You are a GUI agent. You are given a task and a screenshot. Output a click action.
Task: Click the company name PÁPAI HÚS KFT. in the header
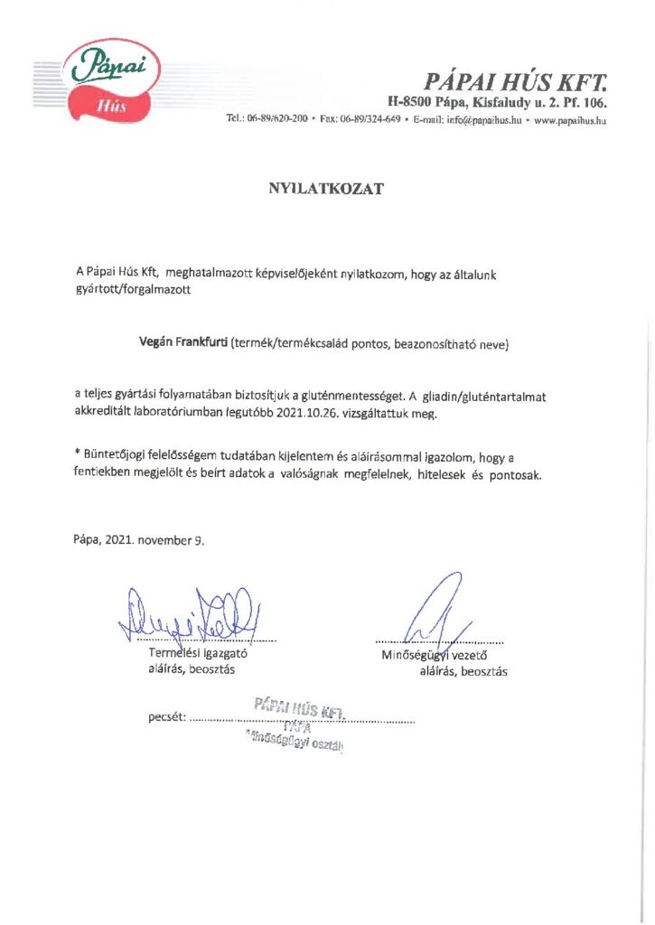coord(516,82)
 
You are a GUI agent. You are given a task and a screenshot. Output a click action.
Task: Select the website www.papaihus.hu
coord(570,119)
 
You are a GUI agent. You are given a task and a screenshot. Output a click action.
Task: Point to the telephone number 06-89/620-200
coord(277,119)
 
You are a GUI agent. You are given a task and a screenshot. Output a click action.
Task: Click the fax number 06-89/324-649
coord(370,119)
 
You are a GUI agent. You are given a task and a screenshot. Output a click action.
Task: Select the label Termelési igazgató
coord(198,653)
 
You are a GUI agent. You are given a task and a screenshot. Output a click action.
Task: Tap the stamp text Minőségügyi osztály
coord(295,742)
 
